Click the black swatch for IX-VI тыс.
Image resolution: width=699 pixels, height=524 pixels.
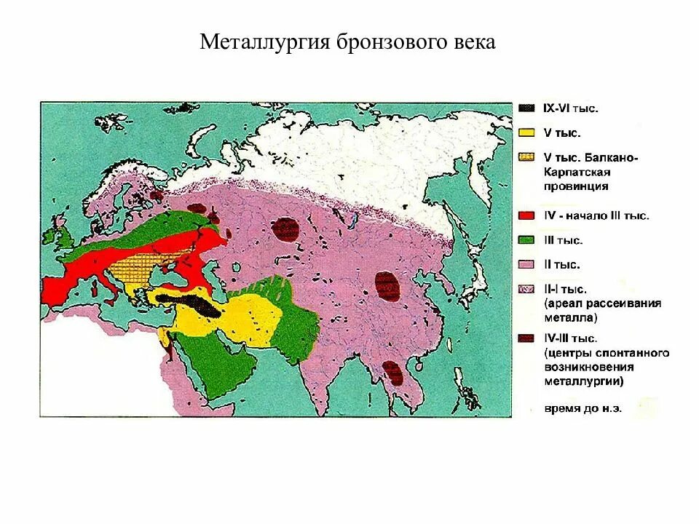pyautogui.click(x=526, y=108)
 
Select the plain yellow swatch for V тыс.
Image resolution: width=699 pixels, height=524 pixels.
pyautogui.click(x=526, y=133)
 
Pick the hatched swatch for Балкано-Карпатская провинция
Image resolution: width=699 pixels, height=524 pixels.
pyautogui.click(x=526, y=158)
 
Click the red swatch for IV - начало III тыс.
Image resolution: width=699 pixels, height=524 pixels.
pyautogui.click(x=526, y=215)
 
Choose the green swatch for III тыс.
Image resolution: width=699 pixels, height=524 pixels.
pyautogui.click(x=526, y=240)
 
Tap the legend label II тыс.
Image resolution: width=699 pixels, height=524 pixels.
pyautogui.click(x=561, y=265)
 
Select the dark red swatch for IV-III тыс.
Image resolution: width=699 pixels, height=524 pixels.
pyautogui.click(x=526, y=338)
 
